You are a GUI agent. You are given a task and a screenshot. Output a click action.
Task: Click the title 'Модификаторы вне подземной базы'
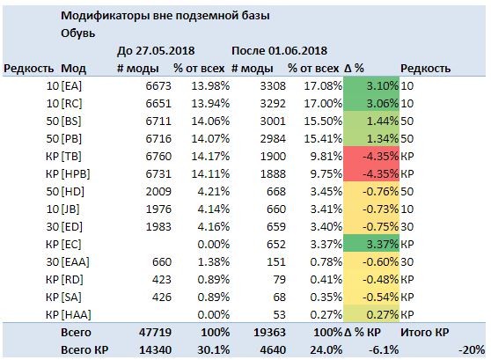pyautogui.click(x=165, y=16)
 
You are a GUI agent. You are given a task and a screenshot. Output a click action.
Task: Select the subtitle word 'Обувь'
pyautogui.click(x=77, y=33)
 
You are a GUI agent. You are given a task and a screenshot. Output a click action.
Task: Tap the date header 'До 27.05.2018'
pyautogui.click(x=156, y=51)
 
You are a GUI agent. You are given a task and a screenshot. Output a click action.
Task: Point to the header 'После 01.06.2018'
pyautogui.click(x=279, y=51)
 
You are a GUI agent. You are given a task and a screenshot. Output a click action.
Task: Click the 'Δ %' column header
pyautogui.click(x=354, y=69)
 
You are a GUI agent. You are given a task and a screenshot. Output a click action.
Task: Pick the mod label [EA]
pyautogui.click(x=71, y=86)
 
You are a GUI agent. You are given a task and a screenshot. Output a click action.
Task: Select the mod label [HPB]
pyautogui.click(x=76, y=174)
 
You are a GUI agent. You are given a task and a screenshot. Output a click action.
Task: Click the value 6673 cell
pyautogui.click(x=158, y=86)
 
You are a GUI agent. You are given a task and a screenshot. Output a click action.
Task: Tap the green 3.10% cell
pyautogui.click(x=371, y=86)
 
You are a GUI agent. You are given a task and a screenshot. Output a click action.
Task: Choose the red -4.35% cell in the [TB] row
pyautogui.click(x=371, y=156)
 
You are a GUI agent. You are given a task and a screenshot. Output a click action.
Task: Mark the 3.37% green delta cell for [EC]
pyautogui.click(x=371, y=244)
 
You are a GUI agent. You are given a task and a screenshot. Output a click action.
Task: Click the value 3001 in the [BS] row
pyautogui.click(x=273, y=121)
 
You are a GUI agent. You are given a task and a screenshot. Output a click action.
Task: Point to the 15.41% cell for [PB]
pyautogui.click(x=323, y=138)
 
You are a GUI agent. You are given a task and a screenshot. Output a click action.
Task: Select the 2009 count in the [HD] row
pyautogui.click(x=158, y=191)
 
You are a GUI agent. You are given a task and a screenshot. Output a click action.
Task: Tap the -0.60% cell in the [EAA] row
pyautogui.click(x=371, y=261)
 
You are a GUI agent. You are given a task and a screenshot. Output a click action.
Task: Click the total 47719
pyautogui.click(x=156, y=332)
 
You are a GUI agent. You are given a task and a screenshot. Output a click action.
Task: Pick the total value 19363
pyautogui.click(x=269, y=332)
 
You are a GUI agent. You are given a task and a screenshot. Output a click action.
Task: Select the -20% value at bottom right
pyautogui.click(x=472, y=349)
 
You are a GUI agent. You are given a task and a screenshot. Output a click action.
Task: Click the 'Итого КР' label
pyautogui.click(x=425, y=332)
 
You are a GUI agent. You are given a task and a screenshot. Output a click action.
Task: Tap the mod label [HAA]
pyautogui.click(x=76, y=314)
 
